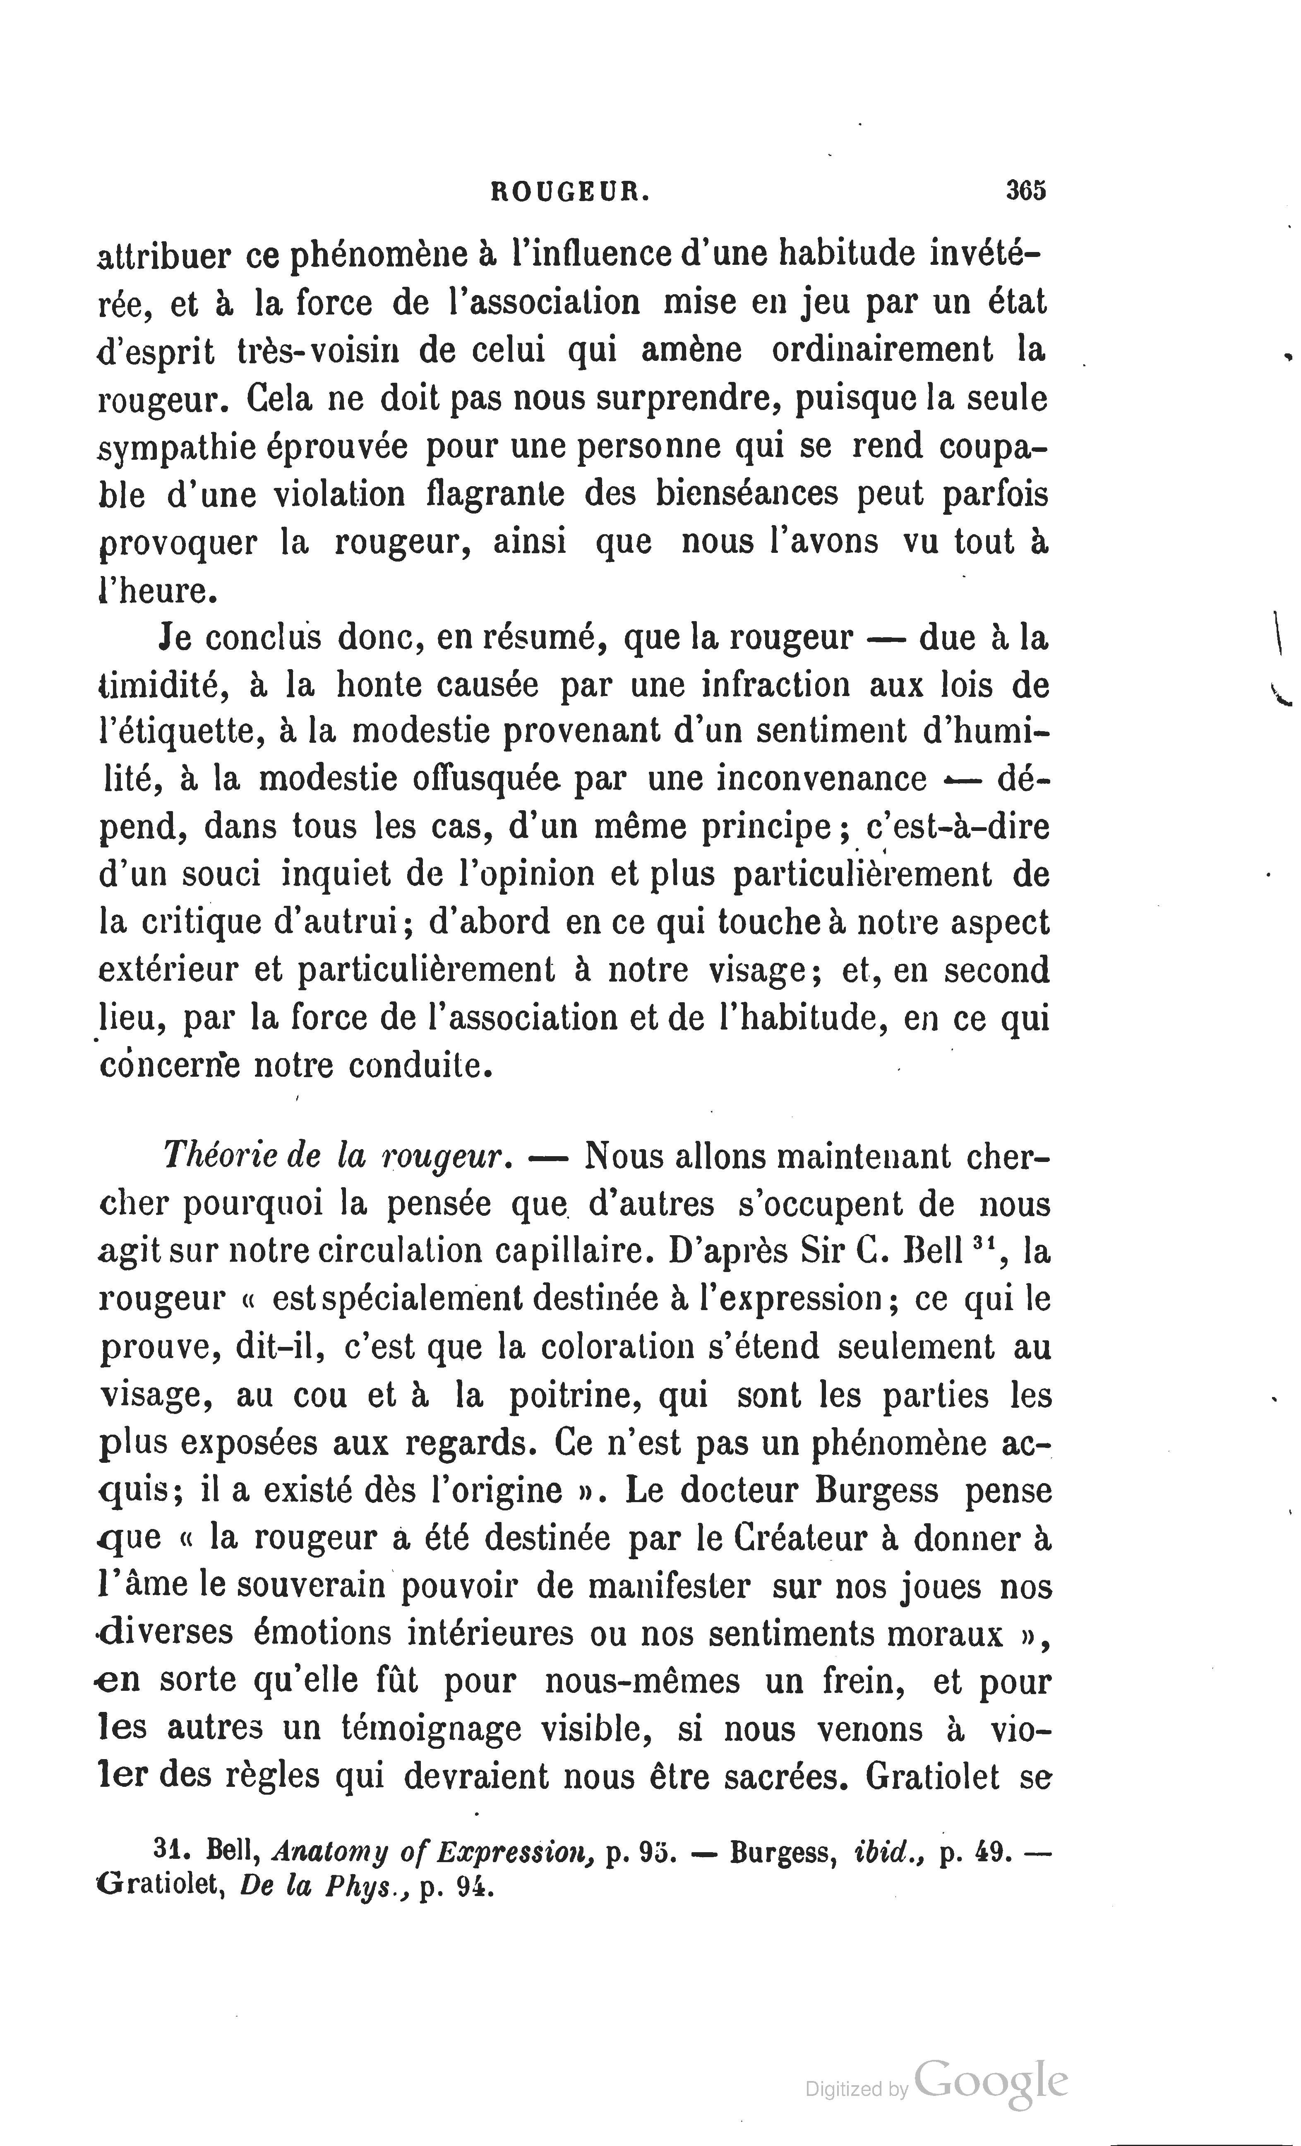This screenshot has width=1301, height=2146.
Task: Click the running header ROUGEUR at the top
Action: [570, 191]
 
